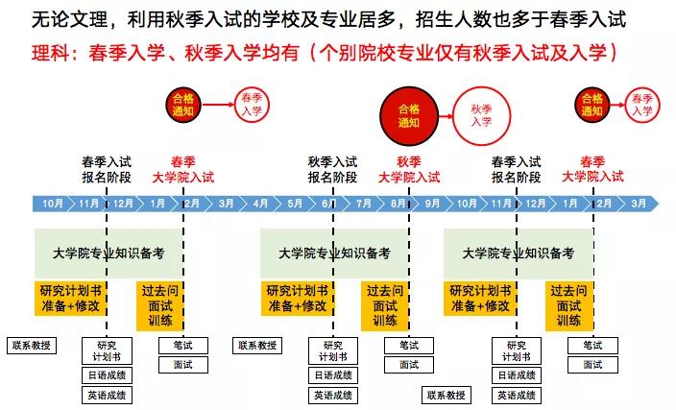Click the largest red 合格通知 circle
click(x=409, y=116)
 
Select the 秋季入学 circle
click(x=482, y=115)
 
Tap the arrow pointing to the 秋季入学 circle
click(x=446, y=116)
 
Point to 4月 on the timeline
click(x=260, y=204)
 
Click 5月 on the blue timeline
click(x=295, y=204)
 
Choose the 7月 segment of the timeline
click(x=363, y=204)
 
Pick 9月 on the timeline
click(x=432, y=204)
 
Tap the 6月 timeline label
click(x=329, y=204)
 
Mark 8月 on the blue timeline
click(x=398, y=204)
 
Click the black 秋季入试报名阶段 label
click(x=332, y=169)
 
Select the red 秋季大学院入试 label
click(x=409, y=169)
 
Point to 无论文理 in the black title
click(x=69, y=19)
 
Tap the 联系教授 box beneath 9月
click(x=446, y=395)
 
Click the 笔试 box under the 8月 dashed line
click(x=409, y=346)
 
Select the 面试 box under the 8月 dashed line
click(x=409, y=365)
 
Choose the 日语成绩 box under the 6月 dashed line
click(x=333, y=375)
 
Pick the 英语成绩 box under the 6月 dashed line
click(x=333, y=395)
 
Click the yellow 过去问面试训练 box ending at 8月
click(x=385, y=306)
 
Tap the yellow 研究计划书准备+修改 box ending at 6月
click(x=298, y=299)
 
